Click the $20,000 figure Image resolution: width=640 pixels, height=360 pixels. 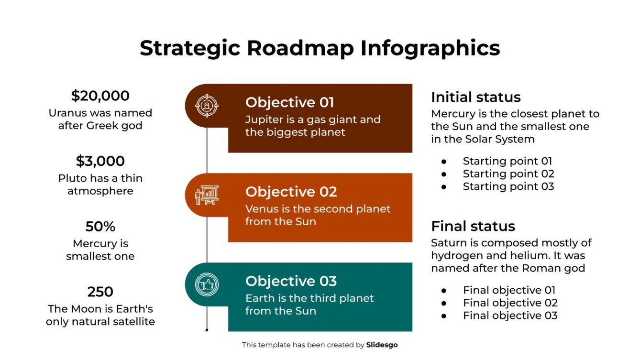[100, 96]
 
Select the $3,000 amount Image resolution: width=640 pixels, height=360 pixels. [100, 161]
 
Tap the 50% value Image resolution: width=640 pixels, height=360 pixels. [100, 226]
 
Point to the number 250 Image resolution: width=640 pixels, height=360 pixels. [100, 292]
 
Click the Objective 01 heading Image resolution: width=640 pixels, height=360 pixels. [289, 102]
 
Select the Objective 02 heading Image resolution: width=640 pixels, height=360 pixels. [291, 192]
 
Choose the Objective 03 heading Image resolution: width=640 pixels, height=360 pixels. [291, 281]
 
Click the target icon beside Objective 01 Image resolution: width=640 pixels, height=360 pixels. [207, 105]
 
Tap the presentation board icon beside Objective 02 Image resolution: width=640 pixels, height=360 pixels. [207, 195]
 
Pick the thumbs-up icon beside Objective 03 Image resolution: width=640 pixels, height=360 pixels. [207, 284]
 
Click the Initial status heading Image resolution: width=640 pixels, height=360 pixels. [475, 97]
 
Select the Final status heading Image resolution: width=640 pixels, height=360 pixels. [473, 226]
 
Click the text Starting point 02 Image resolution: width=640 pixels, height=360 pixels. [508, 174]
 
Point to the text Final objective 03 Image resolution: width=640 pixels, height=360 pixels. [510, 316]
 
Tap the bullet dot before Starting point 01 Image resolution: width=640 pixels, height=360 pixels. [444, 162]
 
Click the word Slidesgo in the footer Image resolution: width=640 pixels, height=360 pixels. [382, 345]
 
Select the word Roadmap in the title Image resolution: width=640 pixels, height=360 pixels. [301, 48]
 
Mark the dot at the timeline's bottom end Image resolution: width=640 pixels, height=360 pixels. [207, 330]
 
